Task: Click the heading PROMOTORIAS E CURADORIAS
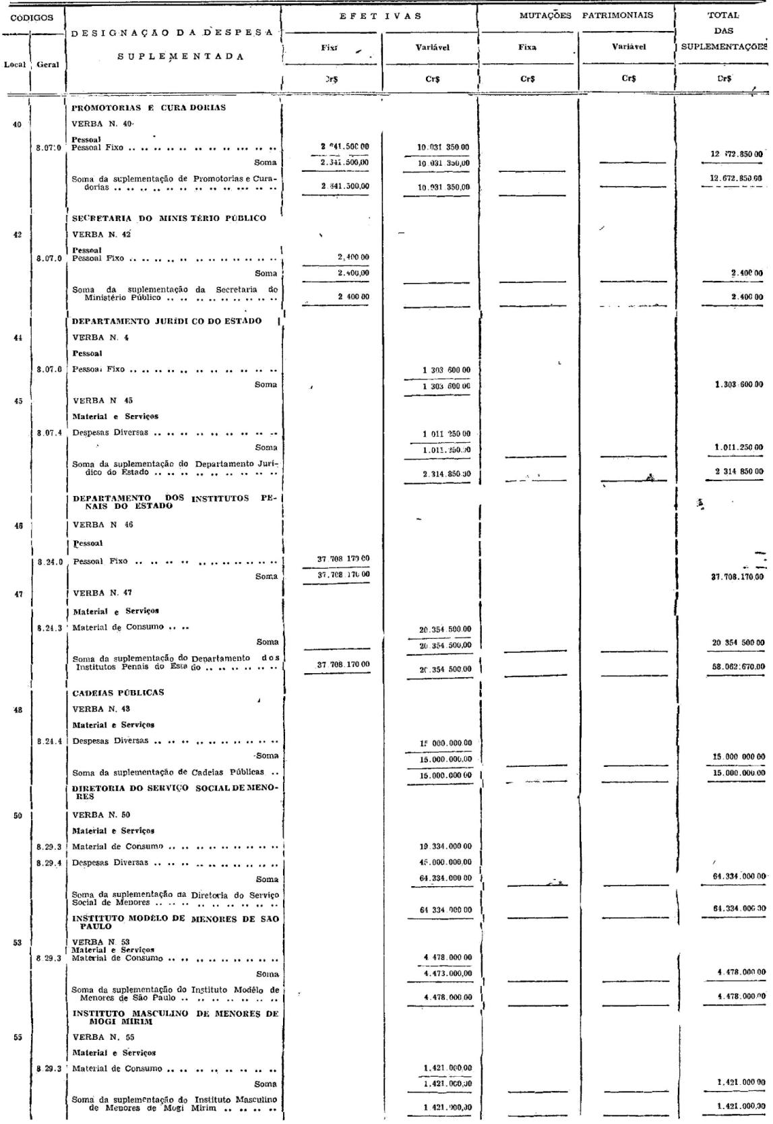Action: (x=149, y=108)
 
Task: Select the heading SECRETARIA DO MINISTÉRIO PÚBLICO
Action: (x=169, y=218)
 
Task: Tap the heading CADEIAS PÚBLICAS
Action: (x=118, y=692)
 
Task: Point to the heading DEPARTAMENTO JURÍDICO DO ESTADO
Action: (x=167, y=321)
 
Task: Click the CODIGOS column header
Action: (x=32, y=18)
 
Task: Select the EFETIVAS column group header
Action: (x=381, y=16)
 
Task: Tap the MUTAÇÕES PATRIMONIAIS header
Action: (x=586, y=15)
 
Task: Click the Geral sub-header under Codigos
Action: (x=48, y=65)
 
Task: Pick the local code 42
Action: (x=18, y=235)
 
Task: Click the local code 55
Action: (x=18, y=1037)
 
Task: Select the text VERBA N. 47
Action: (x=102, y=592)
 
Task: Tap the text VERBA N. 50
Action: (x=102, y=815)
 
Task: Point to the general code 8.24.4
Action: (x=50, y=741)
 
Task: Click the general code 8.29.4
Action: (x=50, y=863)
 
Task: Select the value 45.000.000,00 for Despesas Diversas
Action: (x=445, y=863)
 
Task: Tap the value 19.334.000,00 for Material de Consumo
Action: (x=445, y=846)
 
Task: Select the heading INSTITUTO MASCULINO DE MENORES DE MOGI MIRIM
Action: (x=175, y=1018)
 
